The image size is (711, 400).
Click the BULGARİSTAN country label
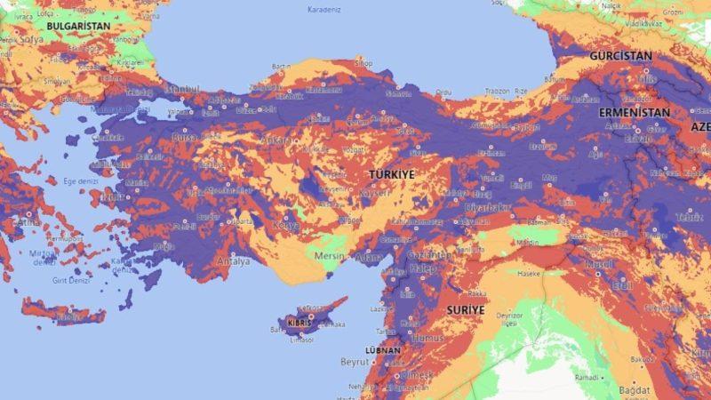point(78,27)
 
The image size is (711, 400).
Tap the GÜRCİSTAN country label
point(621,55)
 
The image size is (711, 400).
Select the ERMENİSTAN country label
point(634,113)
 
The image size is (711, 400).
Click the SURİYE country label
point(466,309)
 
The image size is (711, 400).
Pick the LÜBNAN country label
point(383,350)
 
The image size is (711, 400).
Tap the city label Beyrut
point(355,362)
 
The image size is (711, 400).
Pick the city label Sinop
point(363,63)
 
